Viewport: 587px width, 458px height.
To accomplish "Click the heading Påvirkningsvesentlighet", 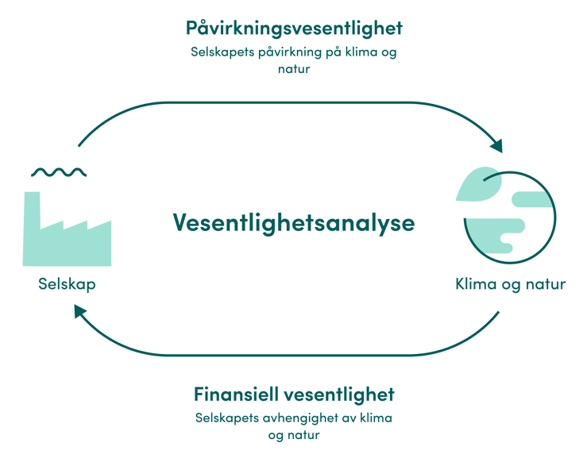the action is [x=294, y=29].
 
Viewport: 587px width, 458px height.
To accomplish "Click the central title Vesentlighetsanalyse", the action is [x=294, y=223].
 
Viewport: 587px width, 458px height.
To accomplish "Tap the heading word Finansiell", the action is [x=236, y=394].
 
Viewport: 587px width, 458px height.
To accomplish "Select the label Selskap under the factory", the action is [x=67, y=284].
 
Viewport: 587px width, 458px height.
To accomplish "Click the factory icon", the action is [x=67, y=229].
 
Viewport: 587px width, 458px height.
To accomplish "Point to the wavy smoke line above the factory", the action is [x=59, y=172].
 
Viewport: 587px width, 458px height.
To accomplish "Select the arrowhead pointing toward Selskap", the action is [x=79, y=311].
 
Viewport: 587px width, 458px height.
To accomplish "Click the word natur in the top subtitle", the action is [x=294, y=69].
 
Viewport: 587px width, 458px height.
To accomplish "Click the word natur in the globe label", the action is [x=546, y=284].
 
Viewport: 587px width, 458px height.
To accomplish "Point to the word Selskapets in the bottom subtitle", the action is [x=227, y=418].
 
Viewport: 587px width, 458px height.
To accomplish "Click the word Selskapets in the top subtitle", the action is [x=222, y=52].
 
